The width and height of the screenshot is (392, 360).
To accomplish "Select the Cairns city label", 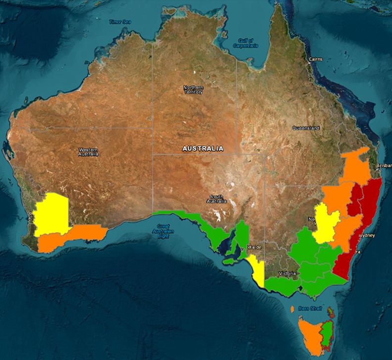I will click(315, 59).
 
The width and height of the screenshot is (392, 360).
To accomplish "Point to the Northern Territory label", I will click(193, 90).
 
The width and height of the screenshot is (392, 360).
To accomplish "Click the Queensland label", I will click(306, 128).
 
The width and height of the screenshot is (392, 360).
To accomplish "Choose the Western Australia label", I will click(89, 152).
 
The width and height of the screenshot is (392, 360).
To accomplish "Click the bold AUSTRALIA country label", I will click(203, 149).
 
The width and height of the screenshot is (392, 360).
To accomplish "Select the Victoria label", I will click(287, 273).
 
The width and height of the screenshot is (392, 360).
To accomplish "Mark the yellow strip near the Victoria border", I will click(257, 270).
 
